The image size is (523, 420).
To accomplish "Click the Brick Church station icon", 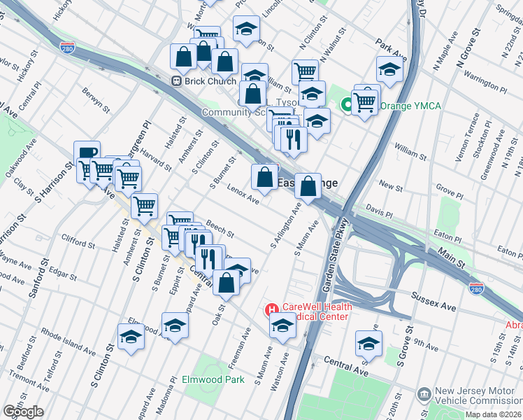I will [176, 81].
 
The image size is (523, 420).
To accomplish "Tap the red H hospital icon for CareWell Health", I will [270, 309].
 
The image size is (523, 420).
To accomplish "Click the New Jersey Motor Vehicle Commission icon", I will [424, 395].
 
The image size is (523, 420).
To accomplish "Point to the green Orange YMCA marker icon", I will [346, 106].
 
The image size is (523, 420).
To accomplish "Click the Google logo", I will [23, 412].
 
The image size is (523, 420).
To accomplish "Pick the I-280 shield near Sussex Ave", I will [475, 288].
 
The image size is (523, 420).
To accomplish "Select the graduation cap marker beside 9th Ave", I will [368, 344].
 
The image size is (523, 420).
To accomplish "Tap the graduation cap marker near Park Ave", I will [389, 69].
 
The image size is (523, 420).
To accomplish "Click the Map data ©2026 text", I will [492, 414].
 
